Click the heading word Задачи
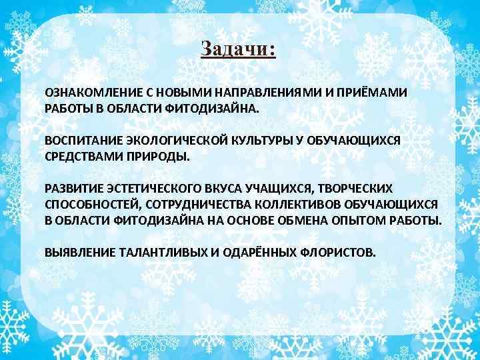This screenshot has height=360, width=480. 237,50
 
